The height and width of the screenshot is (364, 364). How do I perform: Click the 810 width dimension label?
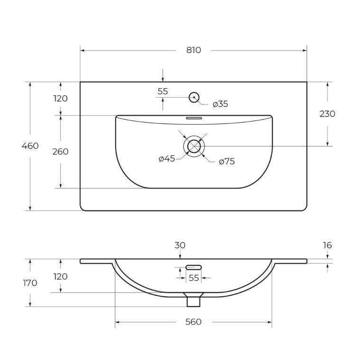(193, 50)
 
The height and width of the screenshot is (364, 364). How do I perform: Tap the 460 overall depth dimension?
(30, 146)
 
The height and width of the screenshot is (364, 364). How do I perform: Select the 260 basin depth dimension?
(60, 152)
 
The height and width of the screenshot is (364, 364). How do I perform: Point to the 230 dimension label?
(328, 114)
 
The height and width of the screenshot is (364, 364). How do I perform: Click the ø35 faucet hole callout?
(220, 104)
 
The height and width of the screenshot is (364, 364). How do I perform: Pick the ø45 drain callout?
(167, 159)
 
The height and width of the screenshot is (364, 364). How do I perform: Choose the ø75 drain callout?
(227, 161)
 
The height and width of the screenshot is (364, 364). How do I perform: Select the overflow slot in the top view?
(194, 118)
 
